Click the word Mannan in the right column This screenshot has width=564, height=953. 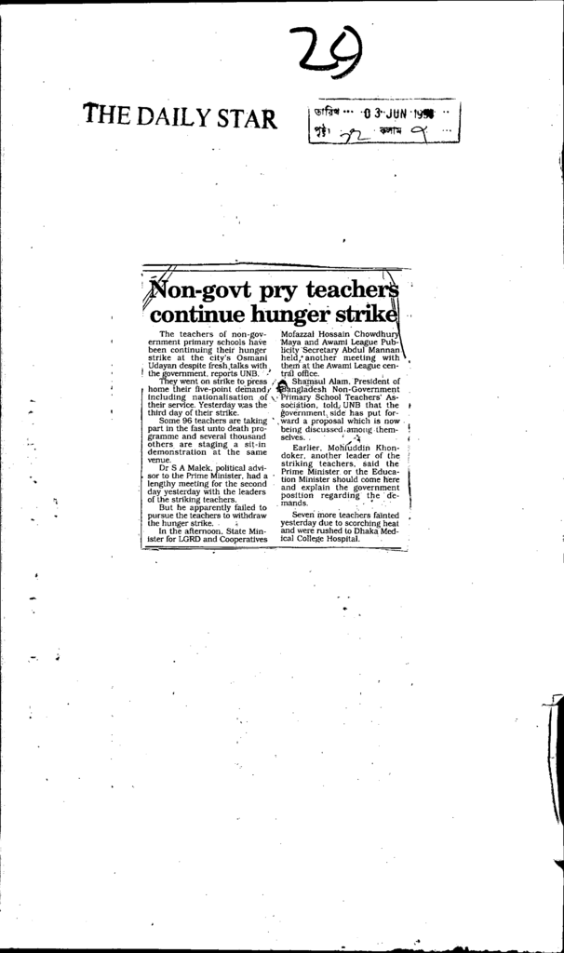383,348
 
